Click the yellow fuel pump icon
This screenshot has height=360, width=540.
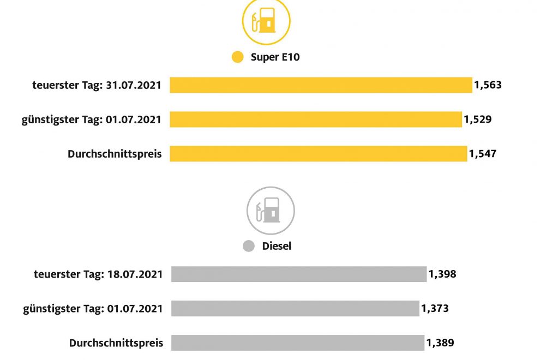point(266,22)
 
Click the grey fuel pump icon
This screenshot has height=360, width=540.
point(271,210)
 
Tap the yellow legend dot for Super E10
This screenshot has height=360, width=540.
point(237,57)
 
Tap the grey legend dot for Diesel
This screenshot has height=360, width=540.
point(249,246)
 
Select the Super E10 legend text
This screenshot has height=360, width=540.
point(275,57)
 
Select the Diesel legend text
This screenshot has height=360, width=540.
point(277,246)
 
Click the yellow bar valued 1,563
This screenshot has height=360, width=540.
point(321,85)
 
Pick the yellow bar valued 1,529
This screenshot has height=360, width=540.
point(316,119)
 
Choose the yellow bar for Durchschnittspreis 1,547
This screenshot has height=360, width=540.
point(319,154)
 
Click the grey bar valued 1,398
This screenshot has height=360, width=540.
point(298,274)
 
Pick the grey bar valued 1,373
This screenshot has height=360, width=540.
point(295,309)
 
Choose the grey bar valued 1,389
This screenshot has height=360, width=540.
point(297,343)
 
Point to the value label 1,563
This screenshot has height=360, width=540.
point(488,85)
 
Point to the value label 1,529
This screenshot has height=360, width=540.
point(478,119)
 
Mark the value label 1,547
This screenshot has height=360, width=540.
point(483,154)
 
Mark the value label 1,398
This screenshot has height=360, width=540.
point(442,274)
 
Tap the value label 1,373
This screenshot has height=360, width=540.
point(435,309)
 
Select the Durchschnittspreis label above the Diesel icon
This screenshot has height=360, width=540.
point(115,154)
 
